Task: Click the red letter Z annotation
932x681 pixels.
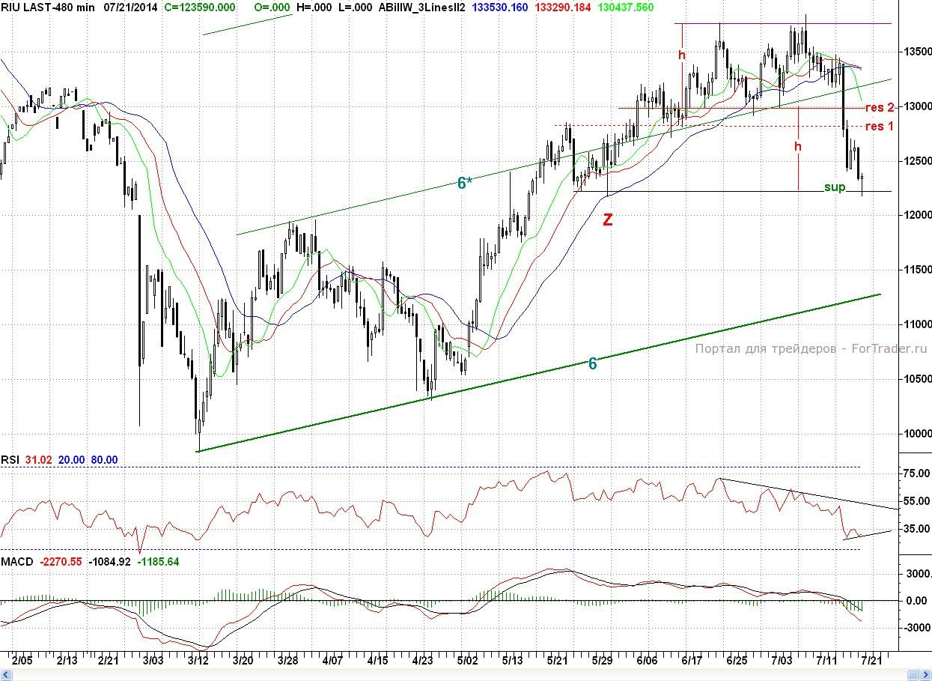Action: pyautogui.click(x=608, y=220)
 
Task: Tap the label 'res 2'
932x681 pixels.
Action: pyautogui.click(x=880, y=107)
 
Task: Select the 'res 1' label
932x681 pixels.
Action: pyautogui.click(x=880, y=126)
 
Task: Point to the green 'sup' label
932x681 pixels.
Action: pyautogui.click(x=834, y=187)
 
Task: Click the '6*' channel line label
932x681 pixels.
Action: pyautogui.click(x=465, y=182)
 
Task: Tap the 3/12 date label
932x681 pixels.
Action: pyautogui.click(x=198, y=661)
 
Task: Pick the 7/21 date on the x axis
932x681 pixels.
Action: pyautogui.click(x=871, y=661)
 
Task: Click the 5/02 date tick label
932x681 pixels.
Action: pyautogui.click(x=467, y=661)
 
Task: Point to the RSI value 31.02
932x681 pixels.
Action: pyautogui.click(x=37, y=460)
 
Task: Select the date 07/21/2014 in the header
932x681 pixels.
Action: pyautogui.click(x=130, y=7)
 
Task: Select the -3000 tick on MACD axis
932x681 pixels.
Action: pyautogui.click(x=915, y=628)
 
